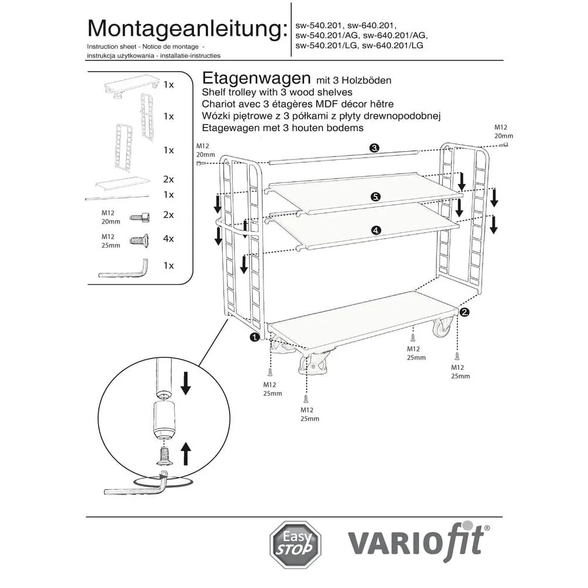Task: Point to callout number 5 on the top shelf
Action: coord(375,196)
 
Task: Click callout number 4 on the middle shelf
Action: coord(375,230)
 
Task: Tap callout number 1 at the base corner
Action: coord(255,337)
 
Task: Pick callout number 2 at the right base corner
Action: coord(465,312)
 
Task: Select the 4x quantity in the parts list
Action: coord(169,239)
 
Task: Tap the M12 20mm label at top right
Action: coord(503,131)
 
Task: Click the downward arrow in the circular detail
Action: coord(186,383)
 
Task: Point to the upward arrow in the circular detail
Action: coord(186,454)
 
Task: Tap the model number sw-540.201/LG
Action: coord(327,45)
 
